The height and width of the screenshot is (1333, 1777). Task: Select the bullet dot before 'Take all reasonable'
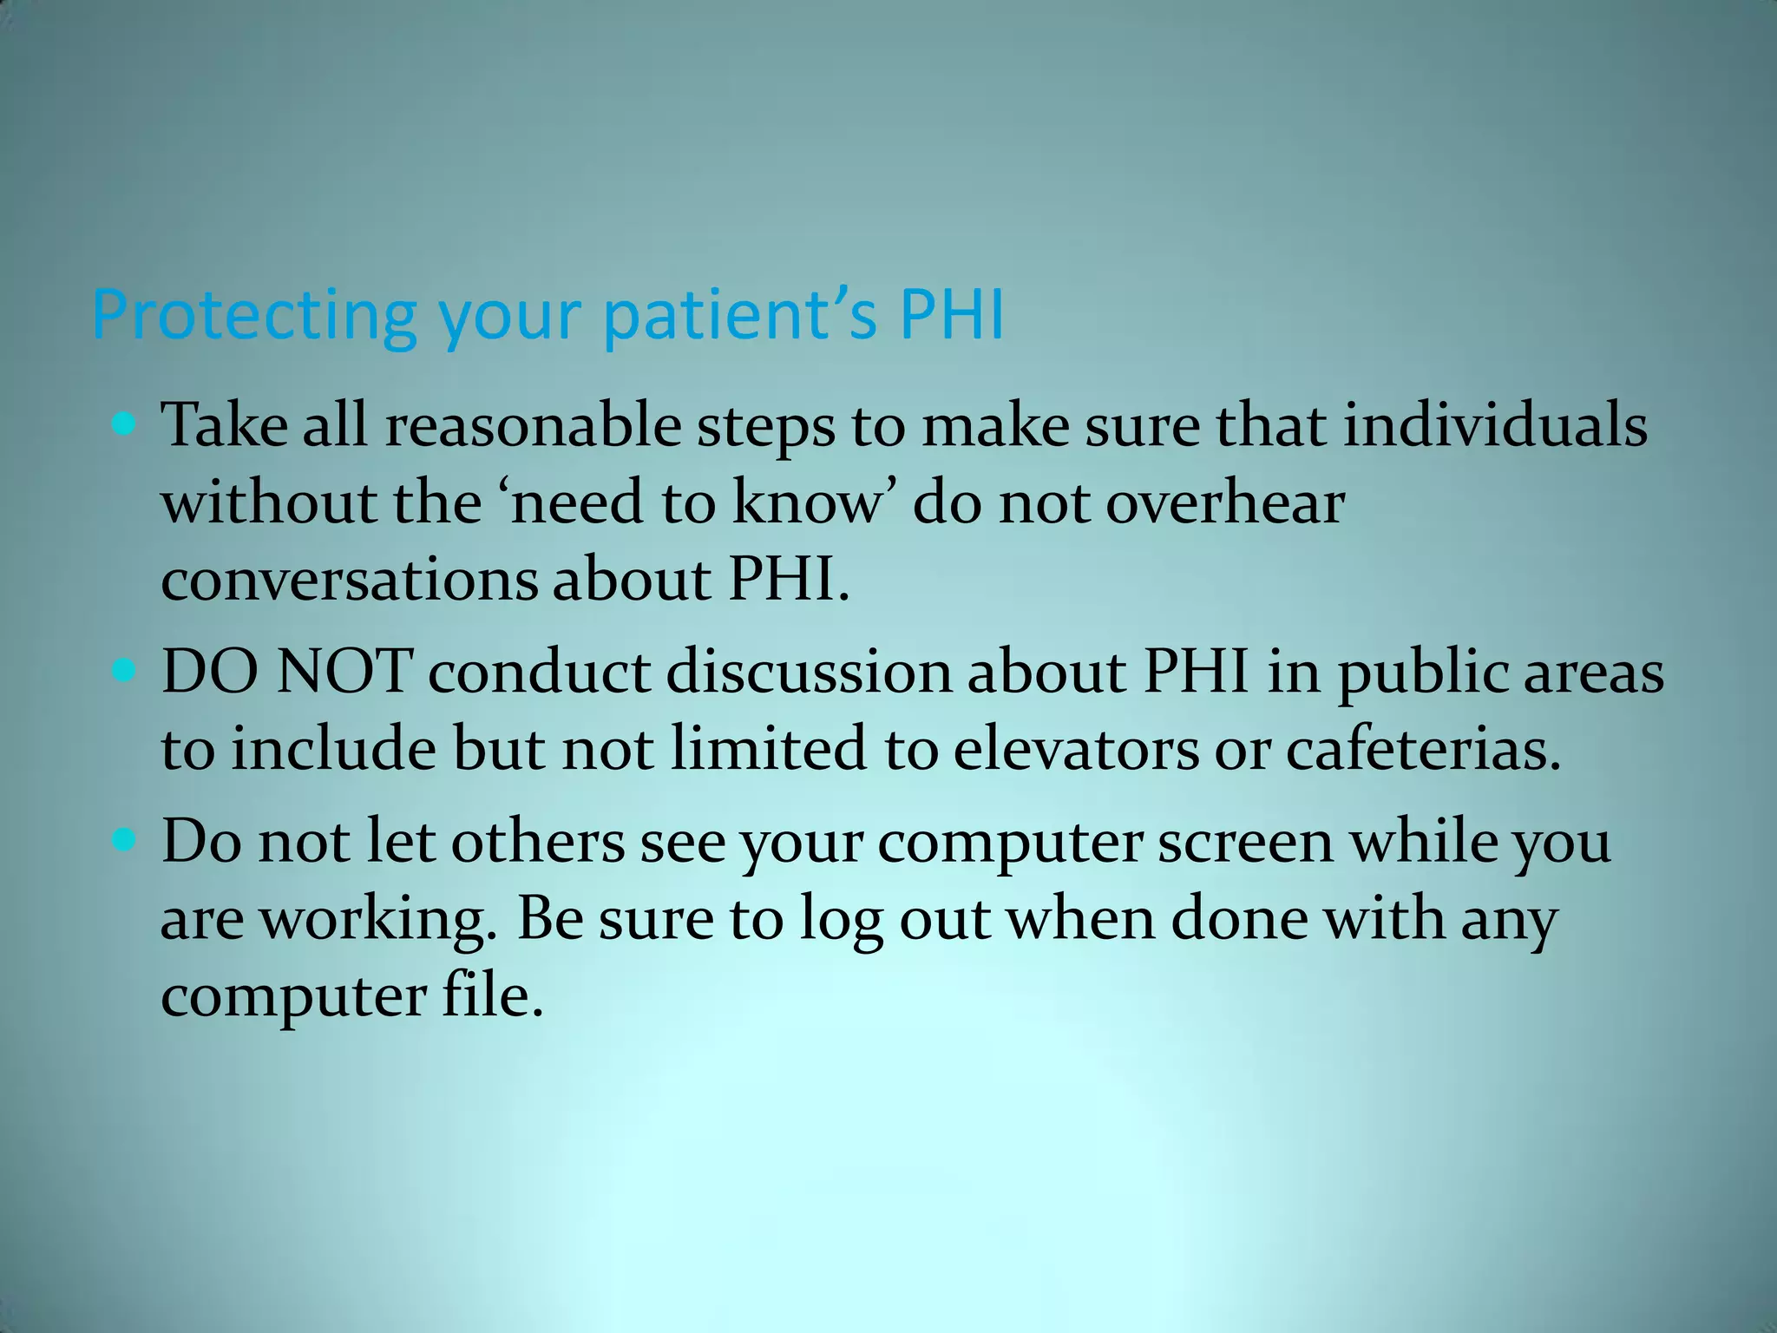tap(125, 424)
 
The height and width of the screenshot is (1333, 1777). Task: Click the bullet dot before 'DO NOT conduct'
tap(125, 671)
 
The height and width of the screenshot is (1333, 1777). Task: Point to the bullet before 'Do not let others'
tap(125, 839)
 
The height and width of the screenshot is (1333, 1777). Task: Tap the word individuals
tap(1495, 426)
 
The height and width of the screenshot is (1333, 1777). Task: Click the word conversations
tap(349, 580)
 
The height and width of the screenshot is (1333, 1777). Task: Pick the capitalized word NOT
tap(344, 672)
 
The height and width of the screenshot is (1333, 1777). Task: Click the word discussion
tap(809, 672)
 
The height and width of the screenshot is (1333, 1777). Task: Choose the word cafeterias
tap(1423, 748)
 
